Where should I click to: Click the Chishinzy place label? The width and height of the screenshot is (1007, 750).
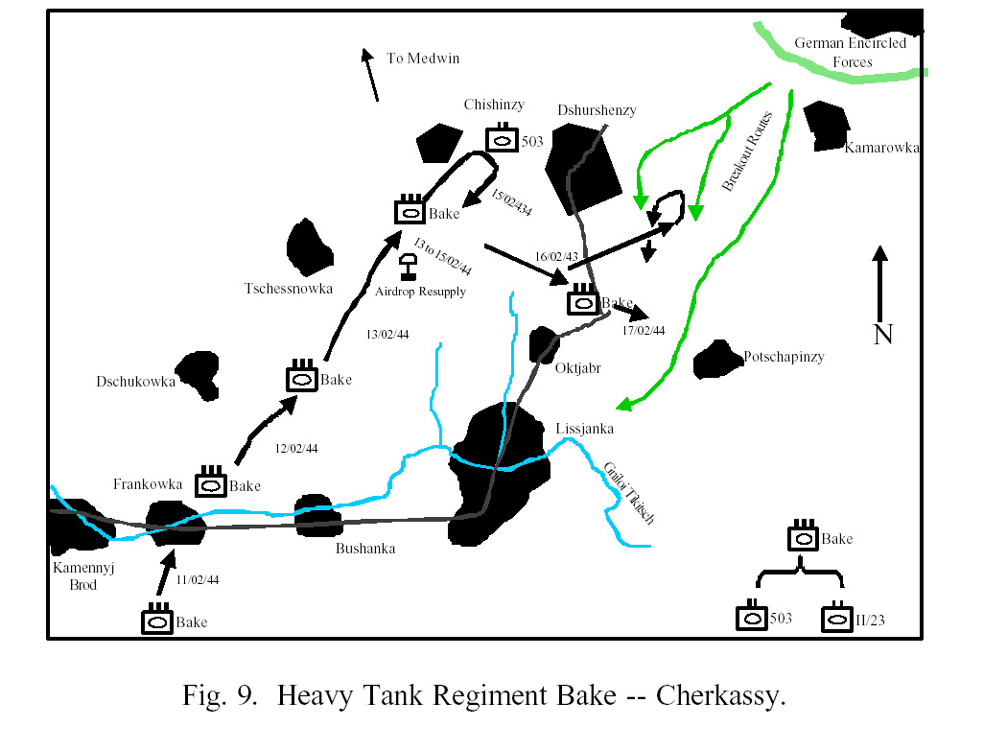pyautogui.click(x=494, y=105)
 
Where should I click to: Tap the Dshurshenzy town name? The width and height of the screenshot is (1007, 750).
pyautogui.click(x=597, y=110)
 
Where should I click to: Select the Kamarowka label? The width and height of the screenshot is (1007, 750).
pyautogui.click(x=881, y=148)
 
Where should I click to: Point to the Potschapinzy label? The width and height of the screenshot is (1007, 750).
pyautogui.click(x=784, y=357)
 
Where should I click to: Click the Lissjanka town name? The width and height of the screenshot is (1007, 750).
pyautogui.click(x=584, y=429)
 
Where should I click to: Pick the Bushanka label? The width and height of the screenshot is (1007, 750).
pyautogui.click(x=365, y=549)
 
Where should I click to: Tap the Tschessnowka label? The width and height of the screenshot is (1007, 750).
pyautogui.click(x=289, y=289)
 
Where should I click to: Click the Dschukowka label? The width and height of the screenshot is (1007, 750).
pyautogui.click(x=135, y=382)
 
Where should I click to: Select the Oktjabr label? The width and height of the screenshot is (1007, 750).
pyautogui.click(x=578, y=368)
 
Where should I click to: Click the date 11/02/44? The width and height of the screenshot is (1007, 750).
pyautogui.click(x=198, y=580)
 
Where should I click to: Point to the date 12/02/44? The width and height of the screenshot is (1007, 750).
pyautogui.click(x=296, y=448)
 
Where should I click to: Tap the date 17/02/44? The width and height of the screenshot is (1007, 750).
pyautogui.click(x=643, y=331)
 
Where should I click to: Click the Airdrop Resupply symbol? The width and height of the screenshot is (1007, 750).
pyautogui.click(x=408, y=267)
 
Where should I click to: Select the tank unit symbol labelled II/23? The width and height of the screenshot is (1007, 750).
pyautogui.click(x=837, y=618)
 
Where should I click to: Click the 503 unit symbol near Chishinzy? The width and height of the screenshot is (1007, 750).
pyautogui.click(x=502, y=138)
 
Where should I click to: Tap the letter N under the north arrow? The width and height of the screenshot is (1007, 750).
pyautogui.click(x=883, y=335)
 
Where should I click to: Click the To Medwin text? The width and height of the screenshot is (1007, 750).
pyautogui.click(x=423, y=59)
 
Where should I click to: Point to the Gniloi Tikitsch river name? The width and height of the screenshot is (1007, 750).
pyautogui.click(x=629, y=493)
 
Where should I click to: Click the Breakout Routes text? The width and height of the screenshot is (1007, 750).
pyautogui.click(x=747, y=152)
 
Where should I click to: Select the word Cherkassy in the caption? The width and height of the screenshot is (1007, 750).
pyautogui.click(x=720, y=695)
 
